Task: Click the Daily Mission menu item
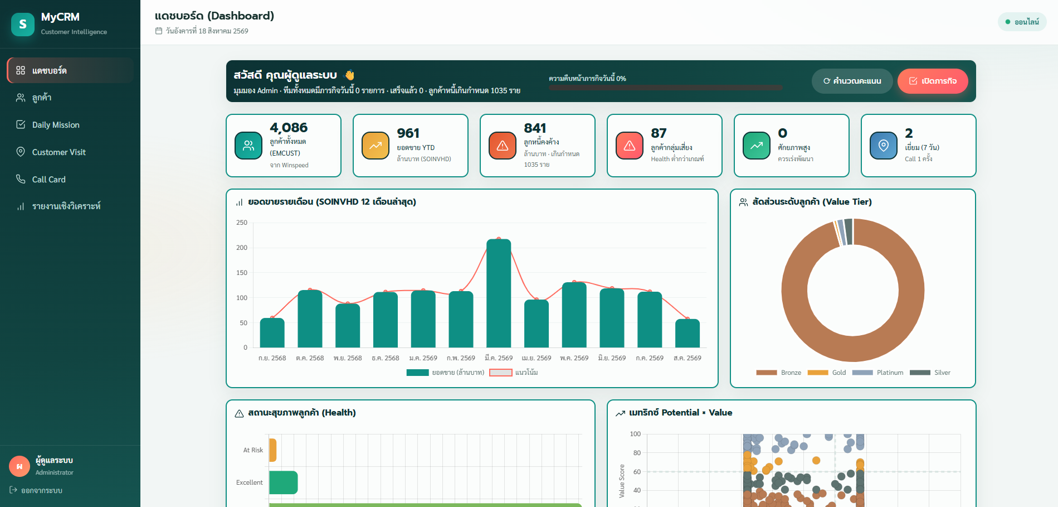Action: [56, 125]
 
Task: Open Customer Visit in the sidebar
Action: [58, 152]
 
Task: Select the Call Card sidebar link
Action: [48, 180]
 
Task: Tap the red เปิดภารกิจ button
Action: [933, 81]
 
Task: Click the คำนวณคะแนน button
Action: [852, 81]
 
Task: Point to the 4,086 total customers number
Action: [289, 128]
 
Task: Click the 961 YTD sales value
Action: [408, 133]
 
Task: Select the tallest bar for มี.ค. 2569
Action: [499, 293]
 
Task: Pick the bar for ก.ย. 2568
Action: [272, 333]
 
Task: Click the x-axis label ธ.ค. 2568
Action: [386, 358]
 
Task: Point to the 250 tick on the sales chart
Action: [242, 223]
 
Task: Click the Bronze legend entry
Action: [779, 373]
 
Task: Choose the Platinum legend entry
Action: [878, 373]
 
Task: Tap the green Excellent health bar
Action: [283, 482]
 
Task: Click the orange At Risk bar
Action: [272, 450]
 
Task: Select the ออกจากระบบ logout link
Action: [36, 490]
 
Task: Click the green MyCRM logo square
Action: [23, 24]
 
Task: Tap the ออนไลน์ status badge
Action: [1022, 22]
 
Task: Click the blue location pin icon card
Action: [884, 146]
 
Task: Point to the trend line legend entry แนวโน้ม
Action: [514, 373]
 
